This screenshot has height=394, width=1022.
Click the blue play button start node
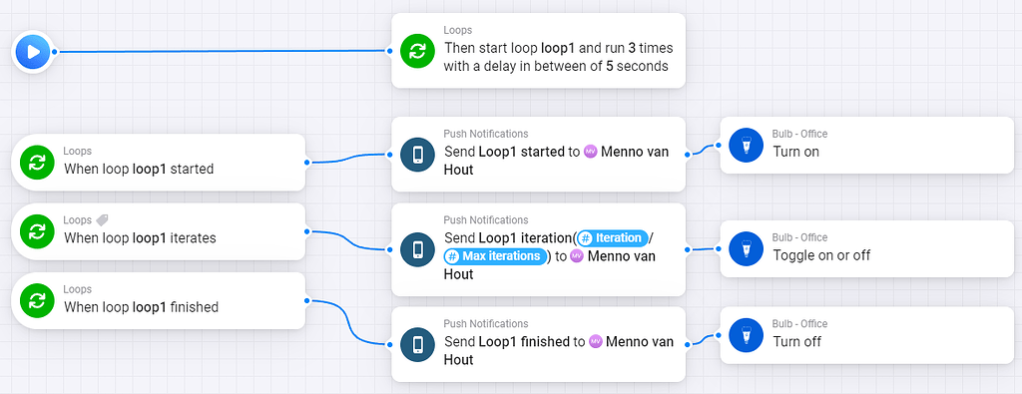point(33,51)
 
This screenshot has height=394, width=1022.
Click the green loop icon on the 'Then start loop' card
point(416,50)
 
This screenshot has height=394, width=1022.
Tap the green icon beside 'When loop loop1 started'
point(37,162)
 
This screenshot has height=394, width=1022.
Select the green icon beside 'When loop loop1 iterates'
point(37,231)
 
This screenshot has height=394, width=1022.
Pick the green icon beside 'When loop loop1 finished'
point(37,300)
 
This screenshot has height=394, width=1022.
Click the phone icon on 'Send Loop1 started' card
point(416,154)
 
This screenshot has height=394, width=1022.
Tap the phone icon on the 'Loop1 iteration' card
point(416,248)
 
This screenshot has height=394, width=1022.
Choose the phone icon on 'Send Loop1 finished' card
point(416,343)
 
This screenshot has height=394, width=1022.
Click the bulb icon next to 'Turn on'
point(745,145)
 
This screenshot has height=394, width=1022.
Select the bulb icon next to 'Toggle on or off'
point(745,247)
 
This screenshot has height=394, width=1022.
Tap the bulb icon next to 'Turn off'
point(745,333)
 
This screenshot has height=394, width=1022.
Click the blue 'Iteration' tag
point(613,237)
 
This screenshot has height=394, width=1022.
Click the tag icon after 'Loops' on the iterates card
point(102,220)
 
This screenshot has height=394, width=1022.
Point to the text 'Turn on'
point(795,152)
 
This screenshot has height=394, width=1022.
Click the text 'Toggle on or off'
point(820,255)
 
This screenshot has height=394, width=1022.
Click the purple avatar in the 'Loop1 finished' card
point(596,341)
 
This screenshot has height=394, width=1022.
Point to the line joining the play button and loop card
point(220,51)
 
